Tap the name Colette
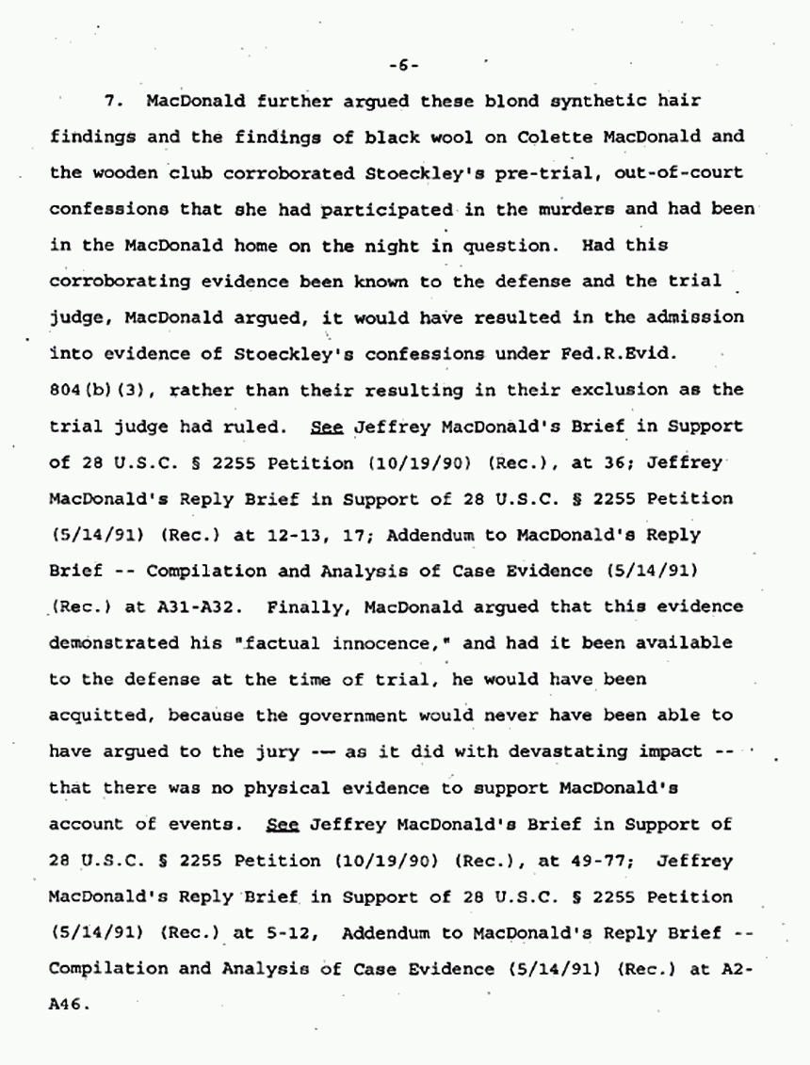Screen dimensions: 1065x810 point(553,137)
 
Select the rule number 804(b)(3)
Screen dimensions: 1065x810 point(90,390)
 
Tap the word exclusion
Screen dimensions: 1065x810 point(611,390)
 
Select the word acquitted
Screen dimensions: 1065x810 point(105,716)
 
